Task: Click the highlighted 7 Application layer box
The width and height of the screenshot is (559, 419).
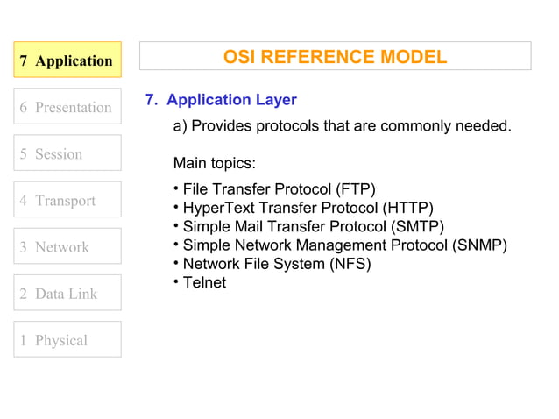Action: tap(67, 60)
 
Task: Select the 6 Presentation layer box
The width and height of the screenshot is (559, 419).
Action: tap(67, 107)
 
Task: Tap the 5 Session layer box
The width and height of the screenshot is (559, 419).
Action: tap(67, 153)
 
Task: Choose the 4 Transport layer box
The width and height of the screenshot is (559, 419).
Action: tap(67, 200)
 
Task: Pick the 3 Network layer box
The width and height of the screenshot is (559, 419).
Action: tap(67, 246)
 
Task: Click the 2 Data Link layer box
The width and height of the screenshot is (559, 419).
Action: tap(67, 293)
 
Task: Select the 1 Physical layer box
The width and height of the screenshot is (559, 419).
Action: tap(67, 339)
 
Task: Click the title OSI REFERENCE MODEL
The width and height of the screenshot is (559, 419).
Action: tap(335, 57)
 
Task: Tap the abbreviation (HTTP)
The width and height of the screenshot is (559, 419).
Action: tap(407, 208)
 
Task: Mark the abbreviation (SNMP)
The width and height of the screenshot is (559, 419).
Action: tap(479, 245)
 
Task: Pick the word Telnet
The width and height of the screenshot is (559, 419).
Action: tap(204, 282)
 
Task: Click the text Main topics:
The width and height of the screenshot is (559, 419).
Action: tap(214, 163)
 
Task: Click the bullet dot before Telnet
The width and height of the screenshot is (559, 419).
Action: tap(176, 281)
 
